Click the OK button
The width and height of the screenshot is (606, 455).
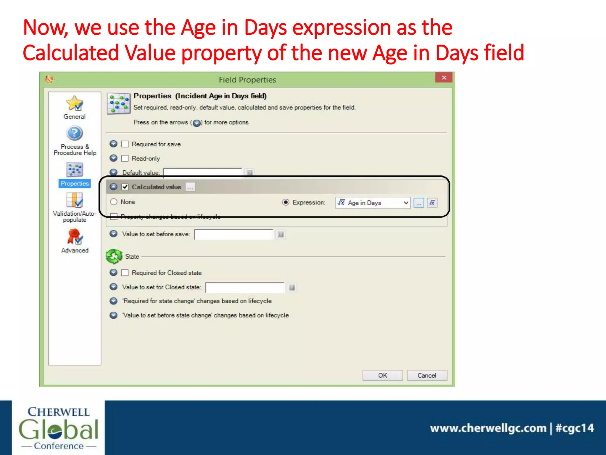coord(382,375)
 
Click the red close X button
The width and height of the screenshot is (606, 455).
coord(444,78)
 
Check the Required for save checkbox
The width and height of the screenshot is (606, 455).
coord(125,144)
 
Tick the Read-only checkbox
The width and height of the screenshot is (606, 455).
coord(125,158)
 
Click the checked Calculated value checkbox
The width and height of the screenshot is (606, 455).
coord(125,187)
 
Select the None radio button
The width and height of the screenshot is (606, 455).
coord(114,202)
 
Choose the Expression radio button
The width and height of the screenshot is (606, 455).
coord(286,202)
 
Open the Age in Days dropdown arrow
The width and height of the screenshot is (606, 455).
coord(406,203)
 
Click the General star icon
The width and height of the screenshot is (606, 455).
coord(75,103)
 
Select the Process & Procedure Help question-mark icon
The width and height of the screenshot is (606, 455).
coord(75,133)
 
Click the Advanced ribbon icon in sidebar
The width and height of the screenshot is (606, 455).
coord(75,237)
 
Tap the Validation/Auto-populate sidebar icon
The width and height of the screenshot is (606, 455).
coord(75,201)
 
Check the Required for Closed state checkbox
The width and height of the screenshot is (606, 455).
coord(125,273)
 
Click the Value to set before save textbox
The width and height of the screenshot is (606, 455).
coord(233,234)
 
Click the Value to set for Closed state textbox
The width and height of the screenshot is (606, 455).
coord(244,287)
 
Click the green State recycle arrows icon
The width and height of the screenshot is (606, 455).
coord(114,256)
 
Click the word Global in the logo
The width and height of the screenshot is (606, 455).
coord(58,429)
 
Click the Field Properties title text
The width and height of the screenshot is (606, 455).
coord(247,80)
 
